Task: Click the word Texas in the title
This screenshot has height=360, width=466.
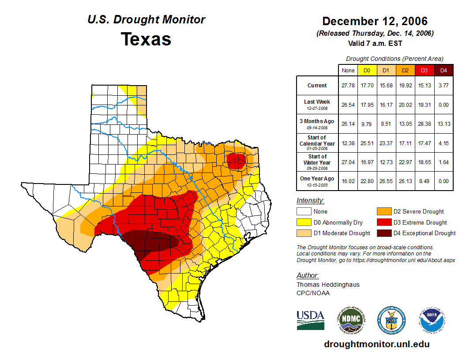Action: coord(146,39)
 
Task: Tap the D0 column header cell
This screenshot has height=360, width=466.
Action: coord(367,70)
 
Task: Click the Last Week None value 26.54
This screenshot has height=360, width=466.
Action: coord(348,105)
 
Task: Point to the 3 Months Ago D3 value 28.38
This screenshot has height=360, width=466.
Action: coord(424,124)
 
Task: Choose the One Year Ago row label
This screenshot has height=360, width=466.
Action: coord(317,179)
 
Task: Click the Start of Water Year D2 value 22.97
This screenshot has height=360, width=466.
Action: coord(405,162)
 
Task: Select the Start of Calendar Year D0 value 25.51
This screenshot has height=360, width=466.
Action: coord(367,143)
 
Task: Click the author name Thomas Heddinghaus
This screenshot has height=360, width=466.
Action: coord(328,285)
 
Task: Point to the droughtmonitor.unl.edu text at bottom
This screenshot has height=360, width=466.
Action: coord(376,344)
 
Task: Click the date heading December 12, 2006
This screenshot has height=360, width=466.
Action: coord(375,21)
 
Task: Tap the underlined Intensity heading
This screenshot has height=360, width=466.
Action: coord(310,201)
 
